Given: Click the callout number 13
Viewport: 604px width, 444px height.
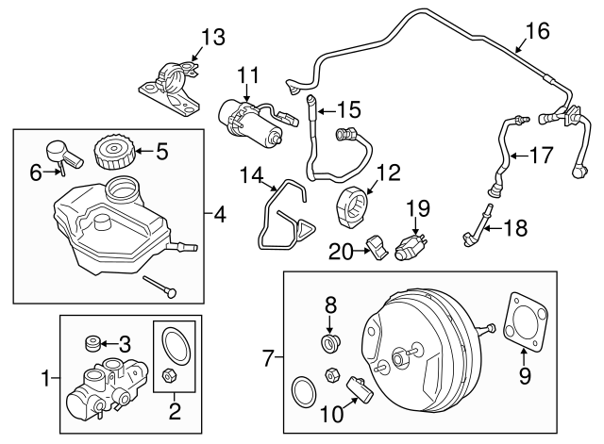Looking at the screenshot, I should [x=214, y=38].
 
